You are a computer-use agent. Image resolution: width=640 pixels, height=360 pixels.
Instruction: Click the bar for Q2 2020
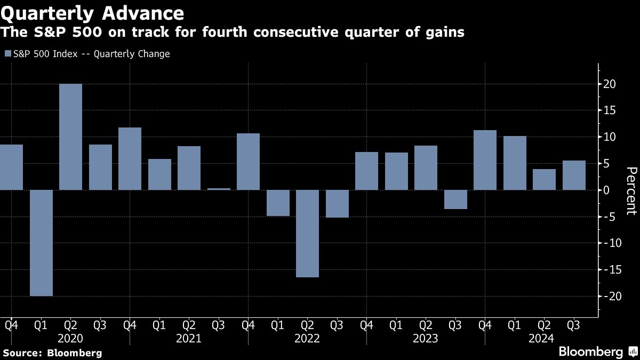point(70,137)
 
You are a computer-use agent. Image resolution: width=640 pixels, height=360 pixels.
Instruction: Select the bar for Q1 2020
point(41,243)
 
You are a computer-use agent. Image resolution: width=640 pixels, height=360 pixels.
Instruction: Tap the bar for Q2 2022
point(307,234)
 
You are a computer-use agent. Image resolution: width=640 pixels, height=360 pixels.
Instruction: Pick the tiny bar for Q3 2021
point(219,189)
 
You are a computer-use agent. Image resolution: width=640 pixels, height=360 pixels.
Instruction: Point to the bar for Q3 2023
point(455,199)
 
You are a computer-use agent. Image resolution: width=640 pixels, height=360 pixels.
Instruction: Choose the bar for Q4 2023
point(485,160)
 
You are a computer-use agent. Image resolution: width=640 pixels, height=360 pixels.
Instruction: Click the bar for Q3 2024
point(574,175)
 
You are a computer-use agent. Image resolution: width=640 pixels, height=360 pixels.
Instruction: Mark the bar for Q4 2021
point(248,162)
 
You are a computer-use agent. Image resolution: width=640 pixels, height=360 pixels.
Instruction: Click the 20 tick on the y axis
point(610,84)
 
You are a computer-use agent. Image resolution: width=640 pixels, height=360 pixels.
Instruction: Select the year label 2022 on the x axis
point(307,338)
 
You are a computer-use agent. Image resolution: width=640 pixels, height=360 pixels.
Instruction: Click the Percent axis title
point(631,190)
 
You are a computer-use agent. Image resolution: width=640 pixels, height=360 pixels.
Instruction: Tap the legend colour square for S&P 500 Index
point(7,54)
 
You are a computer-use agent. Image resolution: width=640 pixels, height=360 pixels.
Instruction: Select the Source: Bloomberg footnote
point(52,353)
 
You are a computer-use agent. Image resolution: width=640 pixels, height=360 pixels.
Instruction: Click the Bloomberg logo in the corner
point(597,351)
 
